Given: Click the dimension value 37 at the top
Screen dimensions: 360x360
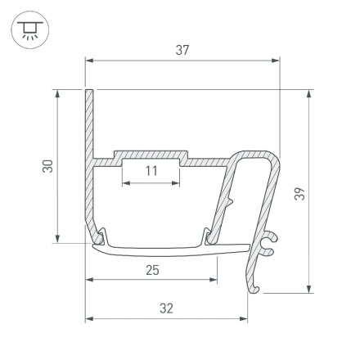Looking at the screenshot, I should (x=182, y=51).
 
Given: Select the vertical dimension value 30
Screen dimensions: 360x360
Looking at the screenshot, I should (x=47, y=166).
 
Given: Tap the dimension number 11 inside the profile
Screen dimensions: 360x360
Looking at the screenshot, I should (x=151, y=171).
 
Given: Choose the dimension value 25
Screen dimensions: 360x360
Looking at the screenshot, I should (x=151, y=270).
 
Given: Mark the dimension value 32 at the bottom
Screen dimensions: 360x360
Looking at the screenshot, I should (x=166, y=308).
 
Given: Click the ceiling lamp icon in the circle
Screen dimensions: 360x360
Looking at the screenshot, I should (x=30, y=31).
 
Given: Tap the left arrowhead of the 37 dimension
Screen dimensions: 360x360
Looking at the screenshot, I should (x=90, y=60).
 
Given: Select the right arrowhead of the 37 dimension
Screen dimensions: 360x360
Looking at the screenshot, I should (x=275, y=60).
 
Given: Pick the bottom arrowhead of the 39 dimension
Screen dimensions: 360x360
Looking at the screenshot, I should (x=308, y=287).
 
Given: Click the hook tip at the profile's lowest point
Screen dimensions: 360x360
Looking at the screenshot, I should (x=255, y=290).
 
